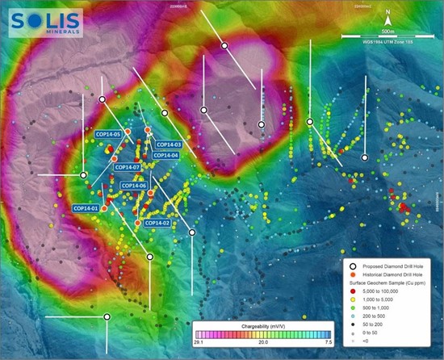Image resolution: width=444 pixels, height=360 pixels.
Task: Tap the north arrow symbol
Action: (388, 15)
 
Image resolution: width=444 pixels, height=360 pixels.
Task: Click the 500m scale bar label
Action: (388, 30)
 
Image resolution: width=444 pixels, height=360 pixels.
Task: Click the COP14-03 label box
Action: (166, 144)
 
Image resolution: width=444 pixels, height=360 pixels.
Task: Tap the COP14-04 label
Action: (165, 155)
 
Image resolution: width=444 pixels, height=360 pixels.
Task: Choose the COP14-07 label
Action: (128, 167)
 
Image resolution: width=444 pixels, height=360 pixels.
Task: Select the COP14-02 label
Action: (157, 223)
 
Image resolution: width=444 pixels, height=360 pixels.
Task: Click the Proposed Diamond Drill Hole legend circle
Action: (352, 266)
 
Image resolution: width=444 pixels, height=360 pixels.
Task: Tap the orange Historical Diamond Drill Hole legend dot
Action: (352, 276)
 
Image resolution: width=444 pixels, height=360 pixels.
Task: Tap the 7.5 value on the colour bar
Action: (321, 342)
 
